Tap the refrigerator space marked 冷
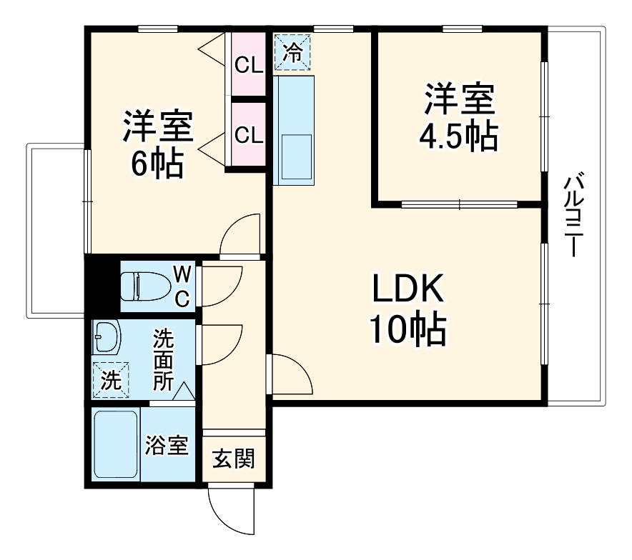tap(292, 52)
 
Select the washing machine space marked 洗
tap(111, 379)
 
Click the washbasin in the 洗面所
tap(107, 337)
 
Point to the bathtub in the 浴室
tap(116, 444)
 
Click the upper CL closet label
tap(249, 65)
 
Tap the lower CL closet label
tap(249, 135)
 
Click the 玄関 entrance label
tap(234, 459)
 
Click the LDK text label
tap(408, 289)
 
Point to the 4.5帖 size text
tap(459, 136)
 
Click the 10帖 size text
tap(408, 329)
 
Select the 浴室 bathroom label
tap(167, 444)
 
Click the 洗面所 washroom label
tap(163, 359)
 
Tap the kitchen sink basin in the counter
tap(297, 157)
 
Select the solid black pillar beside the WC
tap(102, 286)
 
